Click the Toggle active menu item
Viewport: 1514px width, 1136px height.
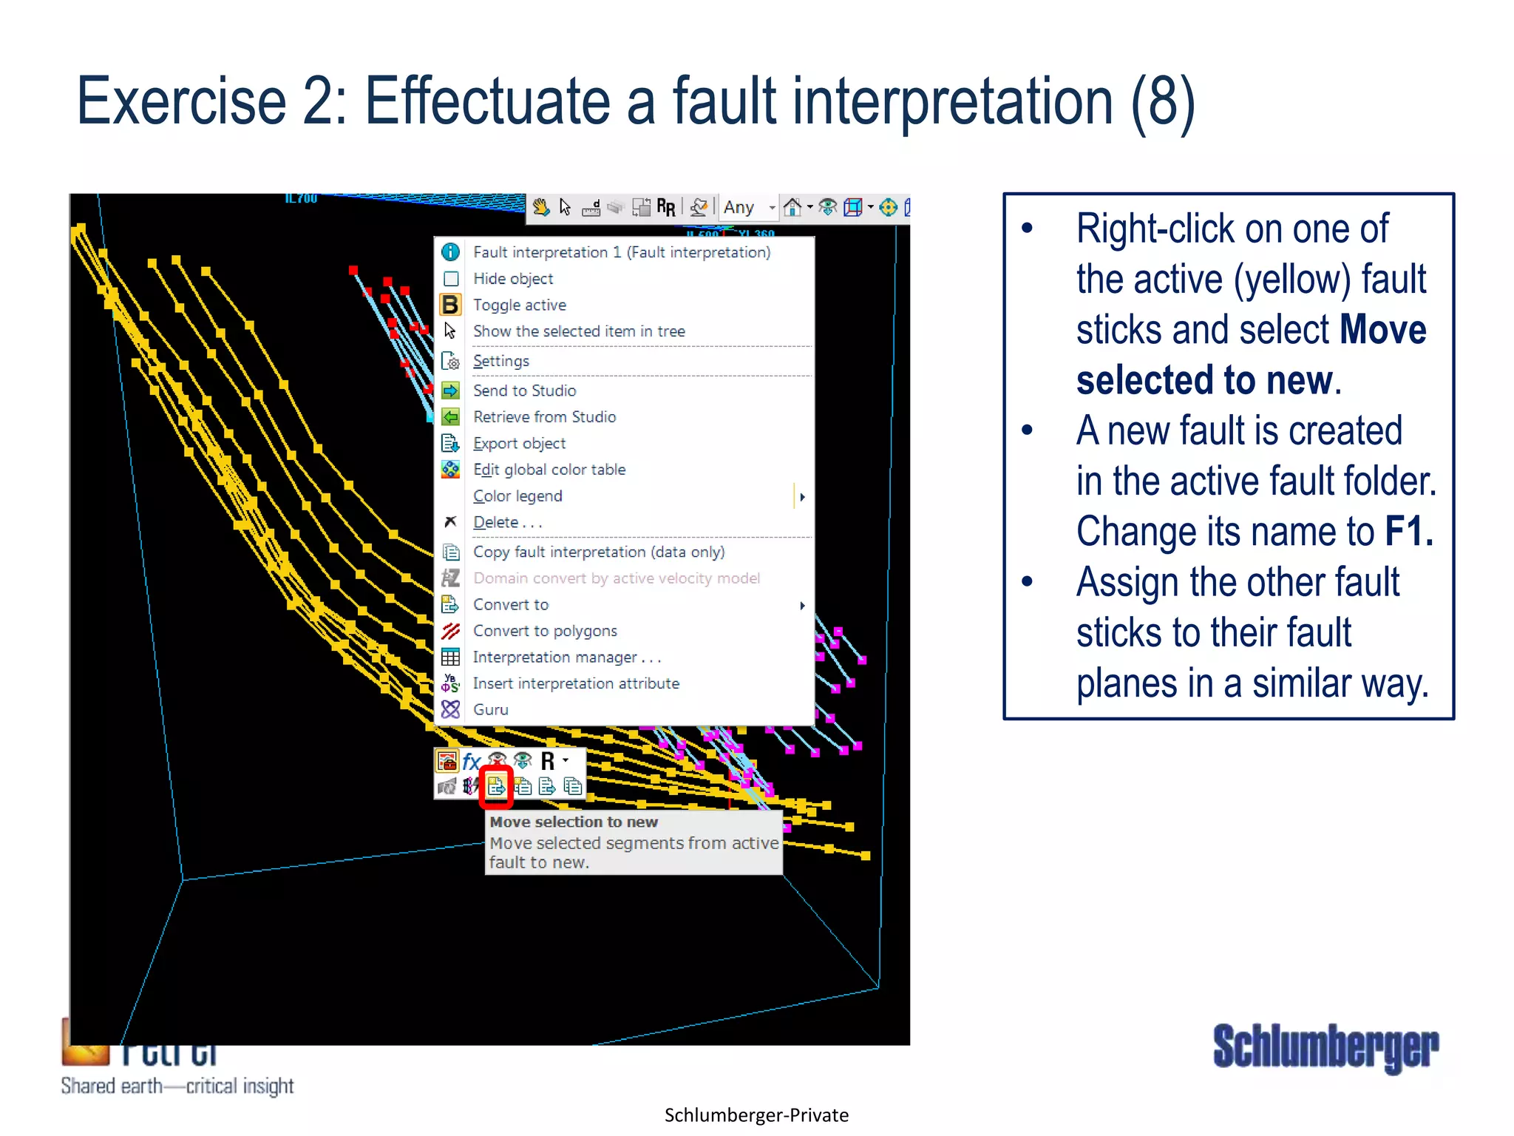pyautogui.click(x=519, y=305)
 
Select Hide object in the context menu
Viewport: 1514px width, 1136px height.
pyautogui.click(x=512, y=279)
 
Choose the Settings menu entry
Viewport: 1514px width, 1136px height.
pyautogui.click(x=500, y=361)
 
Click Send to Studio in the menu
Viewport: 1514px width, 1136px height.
pyautogui.click(x=524, y=390)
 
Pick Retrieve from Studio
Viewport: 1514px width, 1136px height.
pyautogui.click(x=544, y=417)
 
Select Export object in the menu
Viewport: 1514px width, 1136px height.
pyautogui.click(x=519, y=444)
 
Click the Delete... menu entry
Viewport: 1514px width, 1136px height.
pyautogui.click(x=507, y=522)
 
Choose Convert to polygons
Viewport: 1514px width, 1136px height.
pyautogui.click(x=545, y=631)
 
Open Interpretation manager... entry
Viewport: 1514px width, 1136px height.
pyautogui.click(x=566, y=657)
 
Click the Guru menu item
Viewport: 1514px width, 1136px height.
pyautogui.click(x=490, y=710)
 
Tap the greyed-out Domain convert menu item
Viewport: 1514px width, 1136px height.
pyautogui.click(x=616, y=578)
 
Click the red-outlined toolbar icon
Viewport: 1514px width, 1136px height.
pyautogui.click(x=496, y=786)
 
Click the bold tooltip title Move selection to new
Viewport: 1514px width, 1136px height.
pyautogui.click(x=574, y=822)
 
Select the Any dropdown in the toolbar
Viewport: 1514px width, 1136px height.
pyautogui.click(x=748, y=208)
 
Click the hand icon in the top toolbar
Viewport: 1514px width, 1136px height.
pyautogui.click(x=541, y=208)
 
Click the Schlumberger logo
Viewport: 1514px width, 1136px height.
pyautogui.click(x=1325, y=1047)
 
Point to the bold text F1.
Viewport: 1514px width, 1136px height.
pyautogui.click(x=1408, y=532)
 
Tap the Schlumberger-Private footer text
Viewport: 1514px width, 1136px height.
pyautogui.click(x=756, y=1115)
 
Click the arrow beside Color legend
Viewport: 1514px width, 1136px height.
pyautogui.click(x=802, y=497)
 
